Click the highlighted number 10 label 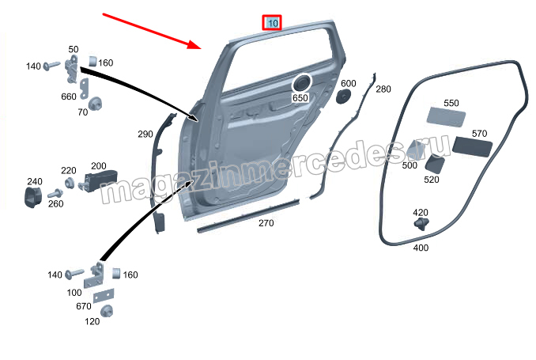[272, 23]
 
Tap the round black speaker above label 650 [301, 83]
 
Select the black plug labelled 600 [343, 97]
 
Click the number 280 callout [383, 89]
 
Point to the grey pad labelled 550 [446, 116]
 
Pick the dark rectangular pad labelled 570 [472, 147]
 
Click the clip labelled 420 [422, 223]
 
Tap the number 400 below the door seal [421, 248]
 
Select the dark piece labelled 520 [435, 165]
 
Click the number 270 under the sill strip [266, 223]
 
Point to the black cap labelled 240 [33, 197]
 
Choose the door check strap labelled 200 [98, 180]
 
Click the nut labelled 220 [70, 183]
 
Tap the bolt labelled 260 [55, 193]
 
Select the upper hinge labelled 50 [72, 69]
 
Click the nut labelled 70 [94, 104]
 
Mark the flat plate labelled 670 [104, 295]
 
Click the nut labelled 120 [107, 311]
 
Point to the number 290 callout [145, 135]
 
